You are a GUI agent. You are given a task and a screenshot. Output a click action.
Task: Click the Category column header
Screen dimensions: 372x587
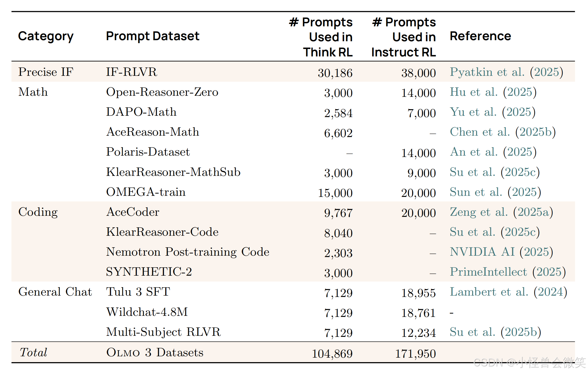[46, 36]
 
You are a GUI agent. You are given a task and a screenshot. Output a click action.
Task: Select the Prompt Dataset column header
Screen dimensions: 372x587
[152, 36]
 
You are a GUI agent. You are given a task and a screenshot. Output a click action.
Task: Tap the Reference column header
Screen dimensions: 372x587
[480, 36]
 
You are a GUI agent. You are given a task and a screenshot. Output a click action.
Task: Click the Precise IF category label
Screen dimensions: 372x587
[46, 72]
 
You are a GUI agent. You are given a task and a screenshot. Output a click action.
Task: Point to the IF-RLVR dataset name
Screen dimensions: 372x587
[131, 72]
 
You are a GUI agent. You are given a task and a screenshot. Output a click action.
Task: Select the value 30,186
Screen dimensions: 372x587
[335, 73]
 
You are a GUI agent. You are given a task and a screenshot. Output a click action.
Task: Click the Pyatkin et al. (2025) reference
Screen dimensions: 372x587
[506, 72]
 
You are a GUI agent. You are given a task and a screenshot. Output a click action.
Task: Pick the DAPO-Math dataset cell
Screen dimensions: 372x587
[141, 112]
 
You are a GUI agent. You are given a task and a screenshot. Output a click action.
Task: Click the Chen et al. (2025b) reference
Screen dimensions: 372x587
[503, 132]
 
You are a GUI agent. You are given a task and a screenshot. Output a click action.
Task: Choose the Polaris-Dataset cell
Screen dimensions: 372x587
[148, 152]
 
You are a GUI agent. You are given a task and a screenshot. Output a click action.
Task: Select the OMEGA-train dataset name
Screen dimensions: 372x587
[146, 192]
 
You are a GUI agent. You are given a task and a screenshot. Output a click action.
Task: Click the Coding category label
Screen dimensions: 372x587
[38, 212]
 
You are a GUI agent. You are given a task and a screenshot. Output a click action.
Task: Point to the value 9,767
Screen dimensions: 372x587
[338, 213]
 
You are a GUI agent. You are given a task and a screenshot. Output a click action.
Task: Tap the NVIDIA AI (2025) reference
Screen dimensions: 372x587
[501, 252]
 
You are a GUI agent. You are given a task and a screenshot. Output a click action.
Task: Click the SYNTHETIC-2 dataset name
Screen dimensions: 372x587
[149, 272]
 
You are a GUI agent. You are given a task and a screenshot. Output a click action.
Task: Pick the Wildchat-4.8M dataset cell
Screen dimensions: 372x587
[147, 312]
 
